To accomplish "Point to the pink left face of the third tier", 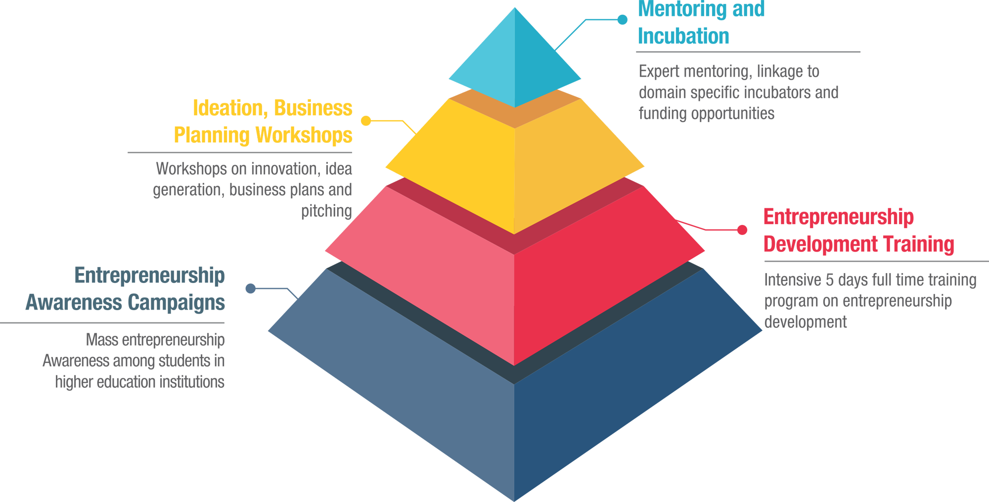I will point(425,277).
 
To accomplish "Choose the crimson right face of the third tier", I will point(603,277).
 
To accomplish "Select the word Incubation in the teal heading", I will point(685,37).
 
